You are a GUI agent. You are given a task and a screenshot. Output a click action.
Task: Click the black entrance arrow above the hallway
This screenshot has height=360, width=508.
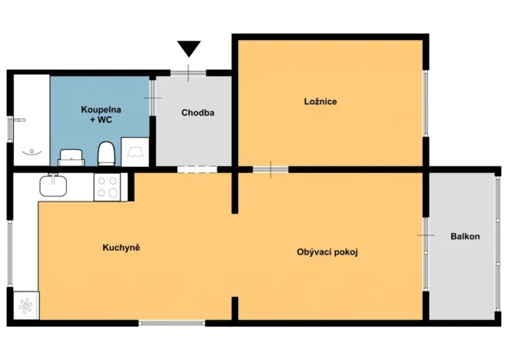(189, 48)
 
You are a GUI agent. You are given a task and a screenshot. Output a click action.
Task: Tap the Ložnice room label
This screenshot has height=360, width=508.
(320, 102)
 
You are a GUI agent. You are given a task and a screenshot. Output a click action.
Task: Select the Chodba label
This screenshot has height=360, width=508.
(198, 112)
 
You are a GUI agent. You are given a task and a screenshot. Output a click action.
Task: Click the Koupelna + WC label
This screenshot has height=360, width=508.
(101, 115)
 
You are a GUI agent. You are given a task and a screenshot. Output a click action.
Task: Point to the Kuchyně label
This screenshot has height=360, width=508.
(121, 248)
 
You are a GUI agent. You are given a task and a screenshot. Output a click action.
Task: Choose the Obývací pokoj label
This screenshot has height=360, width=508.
(327, 252)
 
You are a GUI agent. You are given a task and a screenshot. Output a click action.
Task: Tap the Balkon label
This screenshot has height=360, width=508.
(465, 236)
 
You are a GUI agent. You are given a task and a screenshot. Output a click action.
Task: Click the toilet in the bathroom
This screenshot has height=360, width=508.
(106, 153)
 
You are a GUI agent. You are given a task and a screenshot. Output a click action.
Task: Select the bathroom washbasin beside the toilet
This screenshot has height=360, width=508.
(71, 157)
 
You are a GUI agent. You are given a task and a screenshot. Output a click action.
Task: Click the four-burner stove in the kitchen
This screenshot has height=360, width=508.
(108, 187)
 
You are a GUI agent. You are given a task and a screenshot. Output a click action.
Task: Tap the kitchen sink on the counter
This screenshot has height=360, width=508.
(53, 185)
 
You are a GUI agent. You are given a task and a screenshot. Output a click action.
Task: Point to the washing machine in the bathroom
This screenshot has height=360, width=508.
(135, 152)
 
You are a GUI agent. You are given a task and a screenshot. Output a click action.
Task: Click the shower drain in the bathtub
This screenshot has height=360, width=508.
(32, 151)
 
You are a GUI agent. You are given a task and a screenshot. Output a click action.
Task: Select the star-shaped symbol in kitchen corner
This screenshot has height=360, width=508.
(26, 305)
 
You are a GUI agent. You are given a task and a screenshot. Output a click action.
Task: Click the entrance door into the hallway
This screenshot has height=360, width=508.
(188, 73)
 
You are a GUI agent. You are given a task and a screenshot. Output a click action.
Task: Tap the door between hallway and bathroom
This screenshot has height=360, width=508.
(153, 98)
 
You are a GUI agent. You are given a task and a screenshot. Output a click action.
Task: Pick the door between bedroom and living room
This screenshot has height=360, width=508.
(271, 169)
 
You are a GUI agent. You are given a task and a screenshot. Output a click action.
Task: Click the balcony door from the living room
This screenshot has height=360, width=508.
(426, 235)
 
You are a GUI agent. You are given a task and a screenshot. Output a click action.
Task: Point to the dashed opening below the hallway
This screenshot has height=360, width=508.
(197, 169)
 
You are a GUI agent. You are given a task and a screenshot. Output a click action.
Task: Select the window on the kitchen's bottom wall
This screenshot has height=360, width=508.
(171, 323)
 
